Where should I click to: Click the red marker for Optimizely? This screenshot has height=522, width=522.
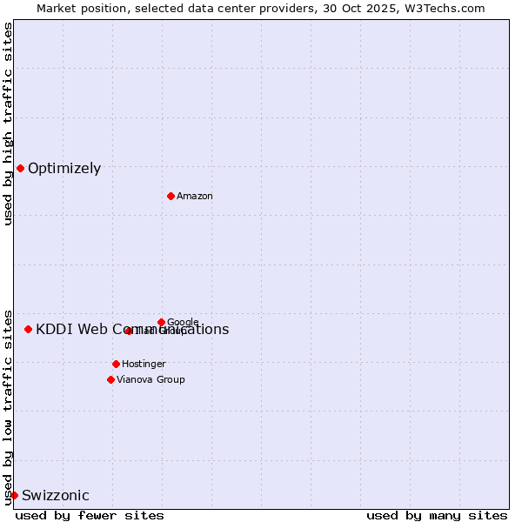(x=20, y=168)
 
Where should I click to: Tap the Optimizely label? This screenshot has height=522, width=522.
(x=64, y=169)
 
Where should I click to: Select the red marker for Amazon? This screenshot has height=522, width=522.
(x=171, y=196)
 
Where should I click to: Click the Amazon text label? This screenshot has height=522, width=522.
(x=195, y=197)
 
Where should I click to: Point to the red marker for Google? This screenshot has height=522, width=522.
(x=161, y=322)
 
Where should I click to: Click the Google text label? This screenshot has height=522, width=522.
(x=183, y=323)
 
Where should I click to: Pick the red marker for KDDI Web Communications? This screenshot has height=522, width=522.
(x=28, y=329)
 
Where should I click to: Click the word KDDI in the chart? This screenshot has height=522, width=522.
(x=53, y=329)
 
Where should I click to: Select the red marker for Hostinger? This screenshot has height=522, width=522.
(x=116, y=364)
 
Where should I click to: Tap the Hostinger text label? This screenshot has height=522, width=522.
(x=144, y=365)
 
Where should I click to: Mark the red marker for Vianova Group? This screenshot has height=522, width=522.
(x=110, y=379)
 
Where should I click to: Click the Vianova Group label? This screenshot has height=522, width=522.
(x=151, y=380)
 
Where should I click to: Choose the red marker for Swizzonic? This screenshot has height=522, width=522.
(x=14, y=495)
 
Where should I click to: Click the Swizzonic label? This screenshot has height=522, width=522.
(x=56, y=496)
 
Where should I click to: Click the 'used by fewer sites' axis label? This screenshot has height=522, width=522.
(x=90, y=515)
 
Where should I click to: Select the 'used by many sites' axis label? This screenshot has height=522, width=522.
(x=437, y=515)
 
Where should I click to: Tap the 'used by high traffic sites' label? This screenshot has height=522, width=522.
(x=8, y=124)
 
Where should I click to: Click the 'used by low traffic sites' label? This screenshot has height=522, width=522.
(x=8, y=406)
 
